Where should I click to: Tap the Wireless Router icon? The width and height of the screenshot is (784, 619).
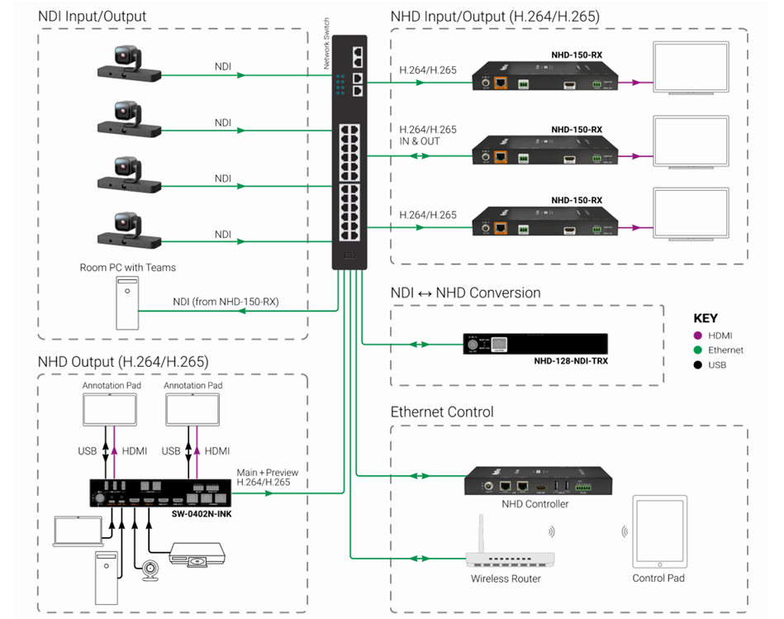pos(505,550)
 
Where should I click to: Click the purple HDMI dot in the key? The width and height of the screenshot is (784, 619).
pos(698,336)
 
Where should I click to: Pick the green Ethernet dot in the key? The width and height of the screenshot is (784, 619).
pos(698,350)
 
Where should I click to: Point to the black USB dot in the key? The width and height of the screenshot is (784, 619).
pos(698,364)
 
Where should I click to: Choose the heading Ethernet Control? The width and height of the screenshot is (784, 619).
pos(442,412)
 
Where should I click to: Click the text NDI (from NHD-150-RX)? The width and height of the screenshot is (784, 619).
pos(226,302)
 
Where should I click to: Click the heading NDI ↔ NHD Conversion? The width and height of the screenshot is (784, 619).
pos(465,293)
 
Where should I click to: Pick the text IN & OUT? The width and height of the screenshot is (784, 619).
pos(419,141)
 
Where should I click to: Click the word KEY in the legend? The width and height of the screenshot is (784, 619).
pos(706,318)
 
